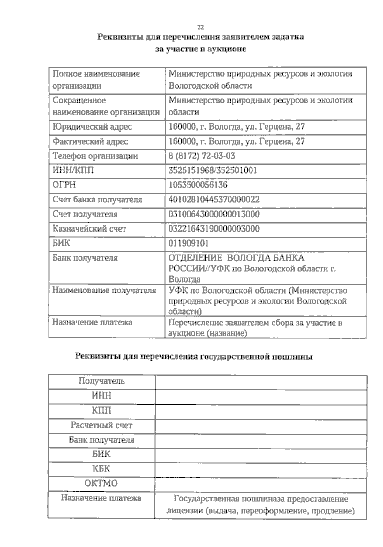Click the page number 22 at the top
pos(200,27)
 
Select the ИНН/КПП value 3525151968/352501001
pos(213,170)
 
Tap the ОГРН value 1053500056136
pos(198,185)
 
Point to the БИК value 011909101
pos(188,243)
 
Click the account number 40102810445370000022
pos(214,200)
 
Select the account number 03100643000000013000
pos(214,214)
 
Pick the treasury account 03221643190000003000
pos(214,229)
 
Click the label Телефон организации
pos(95,156)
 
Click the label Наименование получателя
pos(104,290)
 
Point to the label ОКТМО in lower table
pos(101,483)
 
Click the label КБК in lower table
pos(101,468)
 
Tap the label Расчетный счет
pos(101,425)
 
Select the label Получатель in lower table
pos(101,381)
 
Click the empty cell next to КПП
pos(260,411)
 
